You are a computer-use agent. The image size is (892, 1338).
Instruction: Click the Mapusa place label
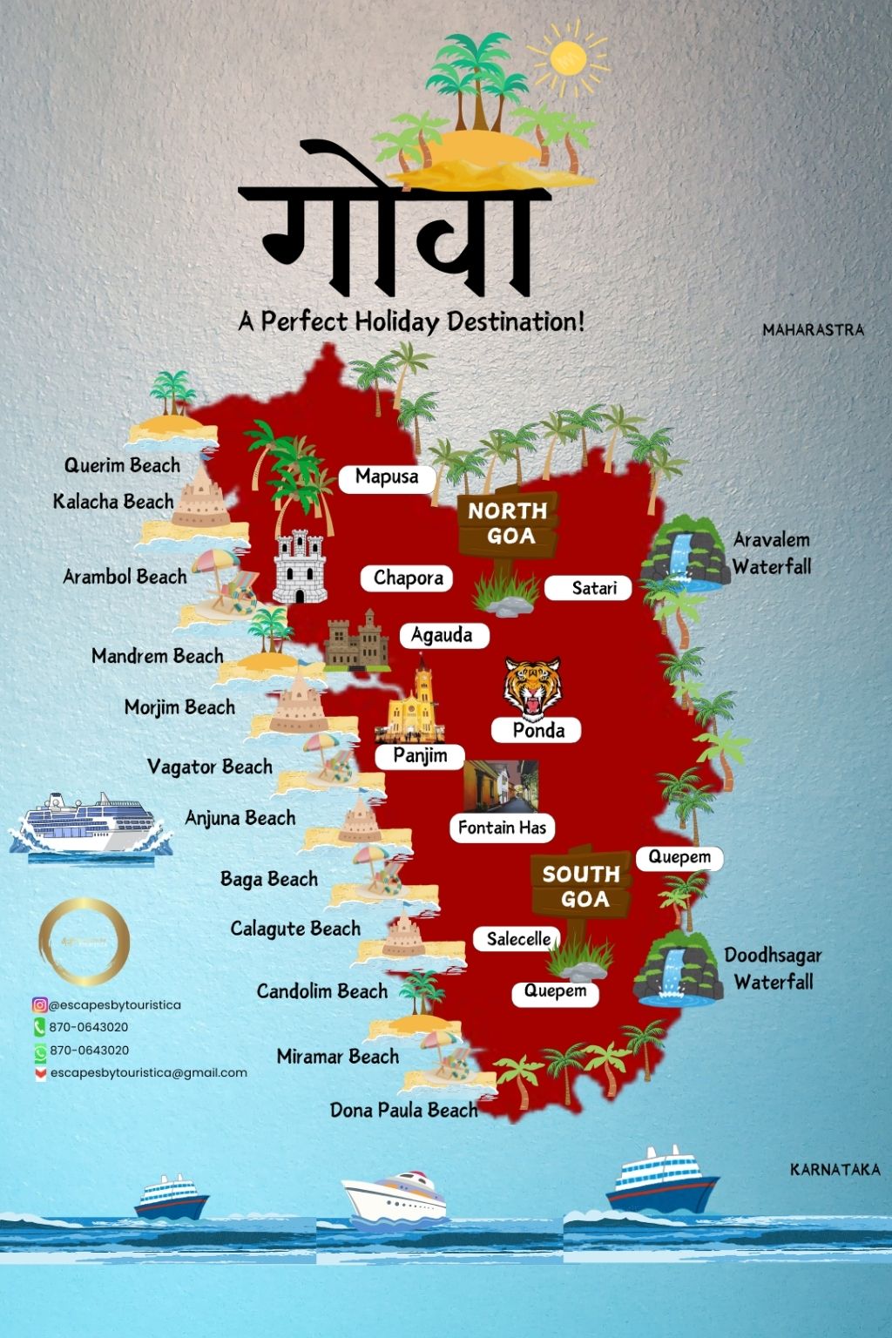387,477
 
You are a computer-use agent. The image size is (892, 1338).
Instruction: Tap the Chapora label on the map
408,578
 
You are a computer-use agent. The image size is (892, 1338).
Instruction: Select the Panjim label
420,756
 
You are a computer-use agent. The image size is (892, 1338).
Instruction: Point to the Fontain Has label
502,828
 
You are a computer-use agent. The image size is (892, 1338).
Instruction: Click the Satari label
594,589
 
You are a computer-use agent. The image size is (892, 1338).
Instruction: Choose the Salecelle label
518,939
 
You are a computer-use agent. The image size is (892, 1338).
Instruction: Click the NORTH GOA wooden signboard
508,524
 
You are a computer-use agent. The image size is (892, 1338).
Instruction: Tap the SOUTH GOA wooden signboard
581,886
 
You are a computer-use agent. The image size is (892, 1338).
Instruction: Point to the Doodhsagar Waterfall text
773,968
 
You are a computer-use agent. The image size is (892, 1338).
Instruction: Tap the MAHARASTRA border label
813,330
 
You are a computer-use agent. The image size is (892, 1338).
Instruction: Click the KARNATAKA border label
835,1169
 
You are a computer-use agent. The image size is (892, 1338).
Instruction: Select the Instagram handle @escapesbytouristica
115,1004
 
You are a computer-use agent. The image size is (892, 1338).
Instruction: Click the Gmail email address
148,1073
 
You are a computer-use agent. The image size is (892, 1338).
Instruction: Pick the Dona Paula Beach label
403,1111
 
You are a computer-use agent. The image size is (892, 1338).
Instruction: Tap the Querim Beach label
122,465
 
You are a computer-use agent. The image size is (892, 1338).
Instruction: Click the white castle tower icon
300,567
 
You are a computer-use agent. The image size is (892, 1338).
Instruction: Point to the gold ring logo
84,943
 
